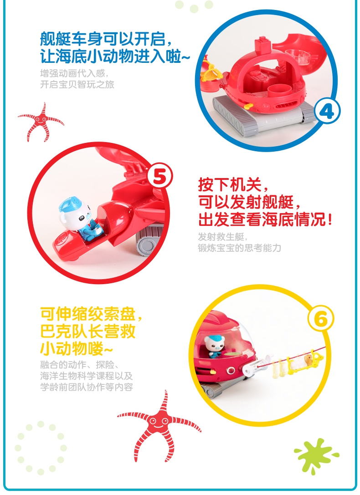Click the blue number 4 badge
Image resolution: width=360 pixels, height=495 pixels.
(327, 112)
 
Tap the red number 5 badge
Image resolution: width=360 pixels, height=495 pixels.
(159, 177)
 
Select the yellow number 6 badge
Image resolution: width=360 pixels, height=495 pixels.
(320, 319)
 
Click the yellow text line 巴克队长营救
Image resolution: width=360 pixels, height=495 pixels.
(88, 331)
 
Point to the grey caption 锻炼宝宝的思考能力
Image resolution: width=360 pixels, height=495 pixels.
(239, 248)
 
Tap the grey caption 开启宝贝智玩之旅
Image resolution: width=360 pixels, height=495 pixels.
(77, 84)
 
